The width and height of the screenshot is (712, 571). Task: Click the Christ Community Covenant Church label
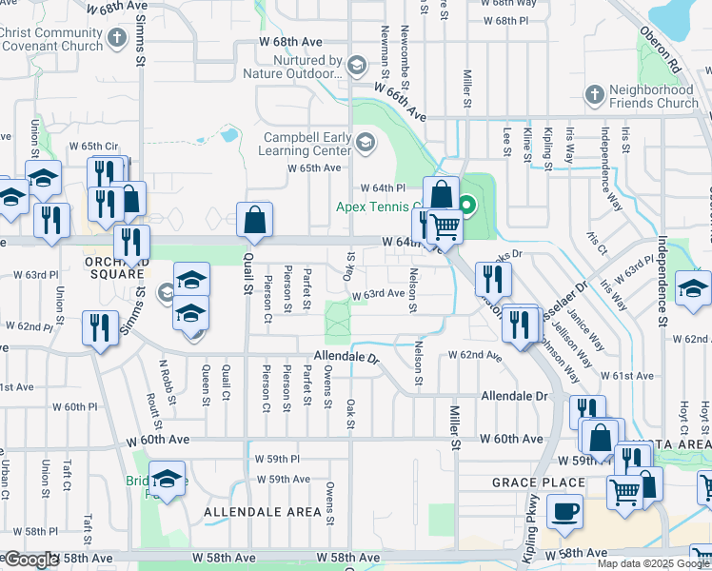point(51,39)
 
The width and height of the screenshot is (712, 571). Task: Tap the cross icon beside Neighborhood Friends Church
point(594,95)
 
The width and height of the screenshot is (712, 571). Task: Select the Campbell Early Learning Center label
point(307,144)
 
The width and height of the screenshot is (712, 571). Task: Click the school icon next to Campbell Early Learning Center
point(365,144)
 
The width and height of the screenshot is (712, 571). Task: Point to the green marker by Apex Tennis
point(467,205)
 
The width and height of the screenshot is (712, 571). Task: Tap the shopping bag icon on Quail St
point(255,221)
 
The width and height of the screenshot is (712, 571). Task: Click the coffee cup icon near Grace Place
point(565,510)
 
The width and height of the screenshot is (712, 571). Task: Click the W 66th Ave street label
point(399,100)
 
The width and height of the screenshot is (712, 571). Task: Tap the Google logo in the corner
point(31,560)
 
